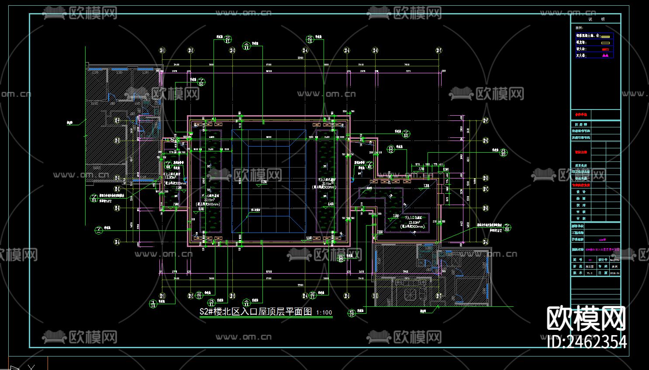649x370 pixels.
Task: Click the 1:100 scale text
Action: pos(324,313)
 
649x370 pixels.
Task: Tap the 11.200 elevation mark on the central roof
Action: pos(263,182)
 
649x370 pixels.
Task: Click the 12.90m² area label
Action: pos(171,178)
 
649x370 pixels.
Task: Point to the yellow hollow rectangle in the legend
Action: pos(605,43)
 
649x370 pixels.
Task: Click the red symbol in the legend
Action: pos(605,49)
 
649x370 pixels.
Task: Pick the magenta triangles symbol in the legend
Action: pos(605,56)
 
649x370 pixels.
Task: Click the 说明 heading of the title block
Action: pos(596,19)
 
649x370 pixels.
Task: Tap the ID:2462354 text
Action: pos(587,342)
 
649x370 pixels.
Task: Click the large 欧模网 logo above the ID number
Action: pos(586,319)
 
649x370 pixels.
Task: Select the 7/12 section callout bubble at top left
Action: pos(201,82)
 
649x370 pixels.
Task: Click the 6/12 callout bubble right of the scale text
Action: pos(352,312)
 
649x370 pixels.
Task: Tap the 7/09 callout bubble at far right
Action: pos(507,228)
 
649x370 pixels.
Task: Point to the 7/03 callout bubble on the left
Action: pos(93,199)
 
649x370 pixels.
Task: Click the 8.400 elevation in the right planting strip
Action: pos(331,204)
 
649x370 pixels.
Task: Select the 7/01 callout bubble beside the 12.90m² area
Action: pos(168,165)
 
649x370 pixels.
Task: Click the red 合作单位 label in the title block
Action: pos(581,115)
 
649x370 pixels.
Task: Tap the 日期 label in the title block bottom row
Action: pos(602,273)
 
